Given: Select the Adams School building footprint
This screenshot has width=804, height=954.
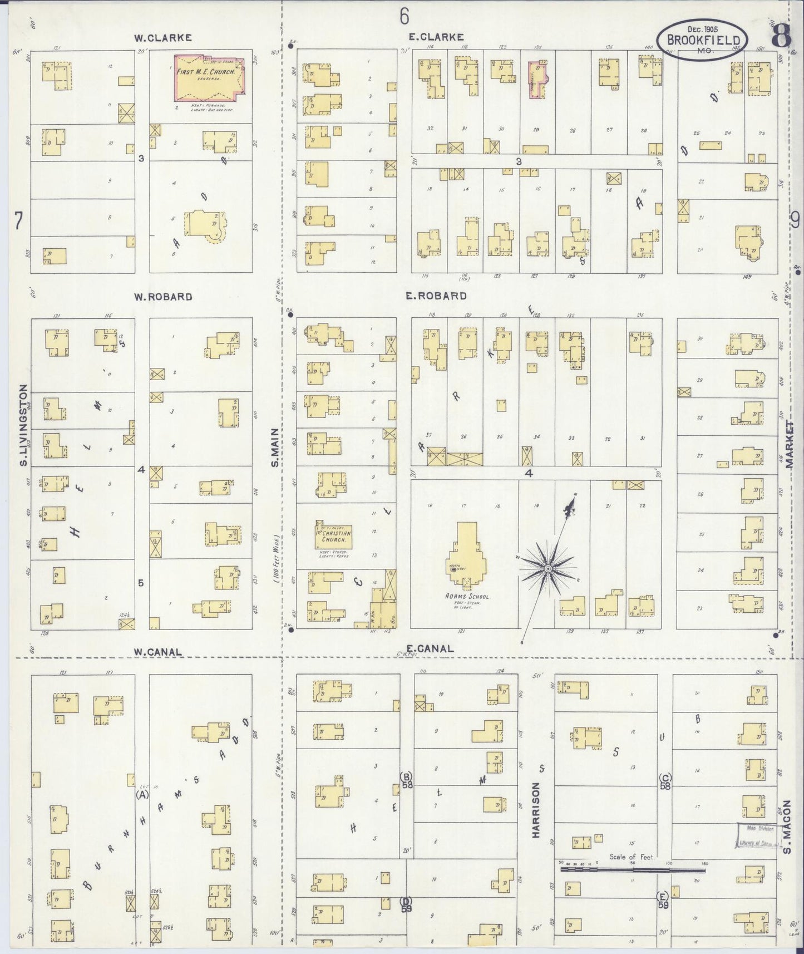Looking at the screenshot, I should (x=467, y=557).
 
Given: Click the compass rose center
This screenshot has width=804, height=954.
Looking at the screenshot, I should (x=547, y=568).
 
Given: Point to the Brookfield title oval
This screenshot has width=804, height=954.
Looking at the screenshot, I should (x=703, y=40).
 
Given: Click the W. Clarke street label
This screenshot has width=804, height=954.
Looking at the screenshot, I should (x=162, y=38).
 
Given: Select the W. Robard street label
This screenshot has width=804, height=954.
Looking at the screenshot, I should (x=162, y=297).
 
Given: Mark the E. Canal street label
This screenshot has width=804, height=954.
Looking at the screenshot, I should (x=430, y=648).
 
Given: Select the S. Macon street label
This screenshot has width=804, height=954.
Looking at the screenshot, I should (x=787, y=826).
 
